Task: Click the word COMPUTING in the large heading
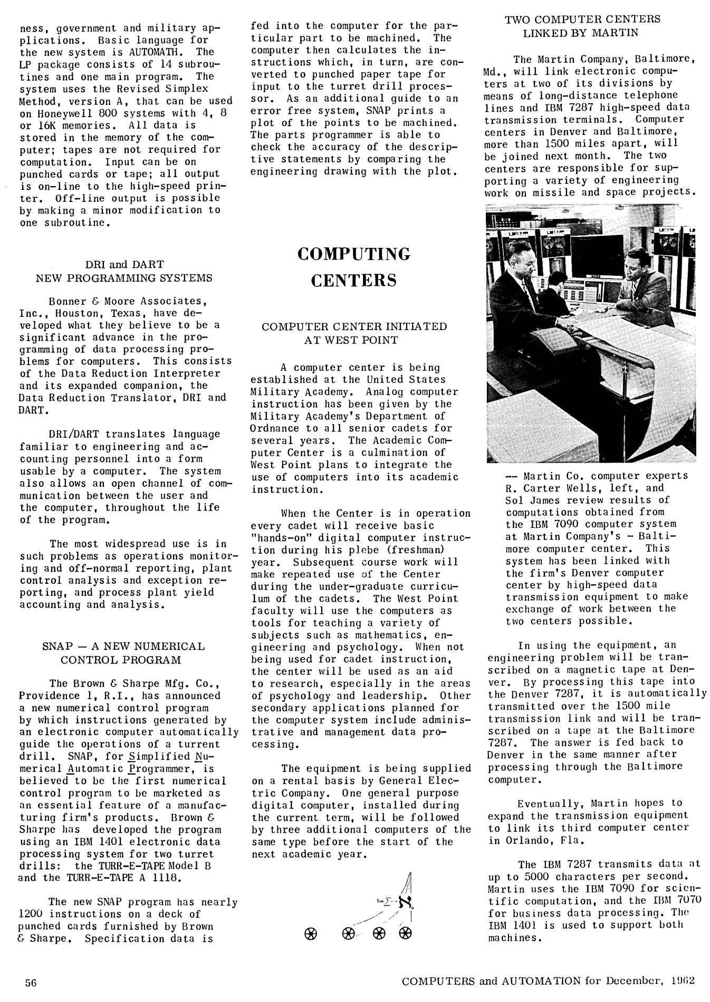click(353, 254)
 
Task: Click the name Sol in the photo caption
click(515, 500)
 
